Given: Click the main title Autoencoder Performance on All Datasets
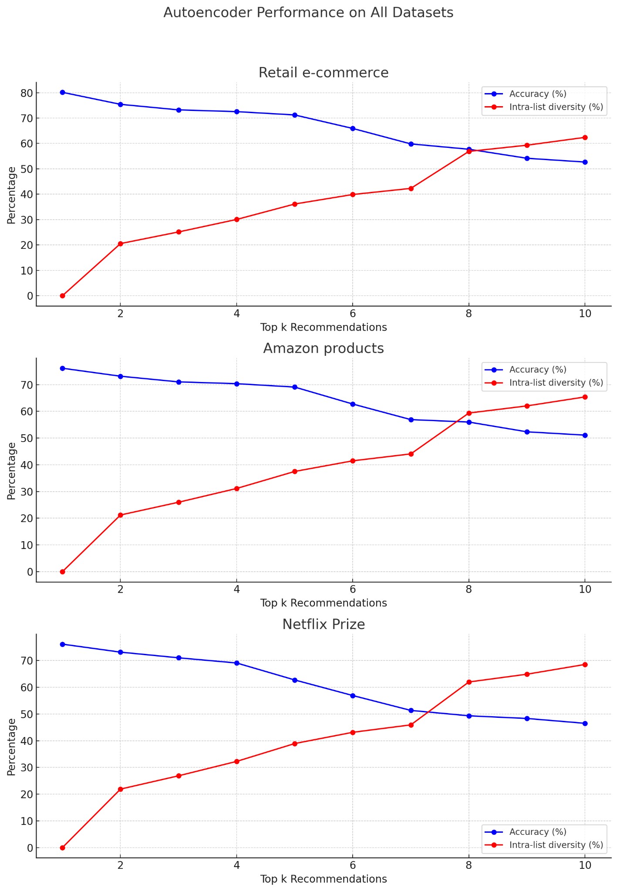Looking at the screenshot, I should point(308,13).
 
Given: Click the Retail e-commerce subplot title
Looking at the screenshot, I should point(324,73).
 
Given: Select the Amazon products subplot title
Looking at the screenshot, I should point(324,348).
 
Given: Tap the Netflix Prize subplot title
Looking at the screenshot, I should point(324,624).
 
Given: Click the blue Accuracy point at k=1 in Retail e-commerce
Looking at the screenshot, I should point(62,92).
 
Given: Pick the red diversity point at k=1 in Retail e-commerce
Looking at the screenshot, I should point(62,296).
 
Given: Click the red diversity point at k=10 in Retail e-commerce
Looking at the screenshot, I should point(585,137).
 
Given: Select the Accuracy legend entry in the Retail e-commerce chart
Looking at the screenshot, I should point(537,94).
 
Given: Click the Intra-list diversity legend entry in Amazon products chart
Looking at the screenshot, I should point(556,383).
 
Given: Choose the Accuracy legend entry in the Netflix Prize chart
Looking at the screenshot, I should point(537,832).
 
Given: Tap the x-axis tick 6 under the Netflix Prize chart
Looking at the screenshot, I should point(353,864).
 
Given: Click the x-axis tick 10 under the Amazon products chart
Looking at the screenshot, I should point(585,589).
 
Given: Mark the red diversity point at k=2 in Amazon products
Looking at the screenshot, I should point(121,515).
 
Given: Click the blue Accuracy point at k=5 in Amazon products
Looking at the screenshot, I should point(295,387).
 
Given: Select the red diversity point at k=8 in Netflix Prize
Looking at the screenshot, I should point(469,682).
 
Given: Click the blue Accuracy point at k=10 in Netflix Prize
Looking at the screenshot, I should point(585,724).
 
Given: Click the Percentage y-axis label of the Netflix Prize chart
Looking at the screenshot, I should point(12,747).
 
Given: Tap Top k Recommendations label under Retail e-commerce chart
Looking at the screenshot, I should point(324,328).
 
